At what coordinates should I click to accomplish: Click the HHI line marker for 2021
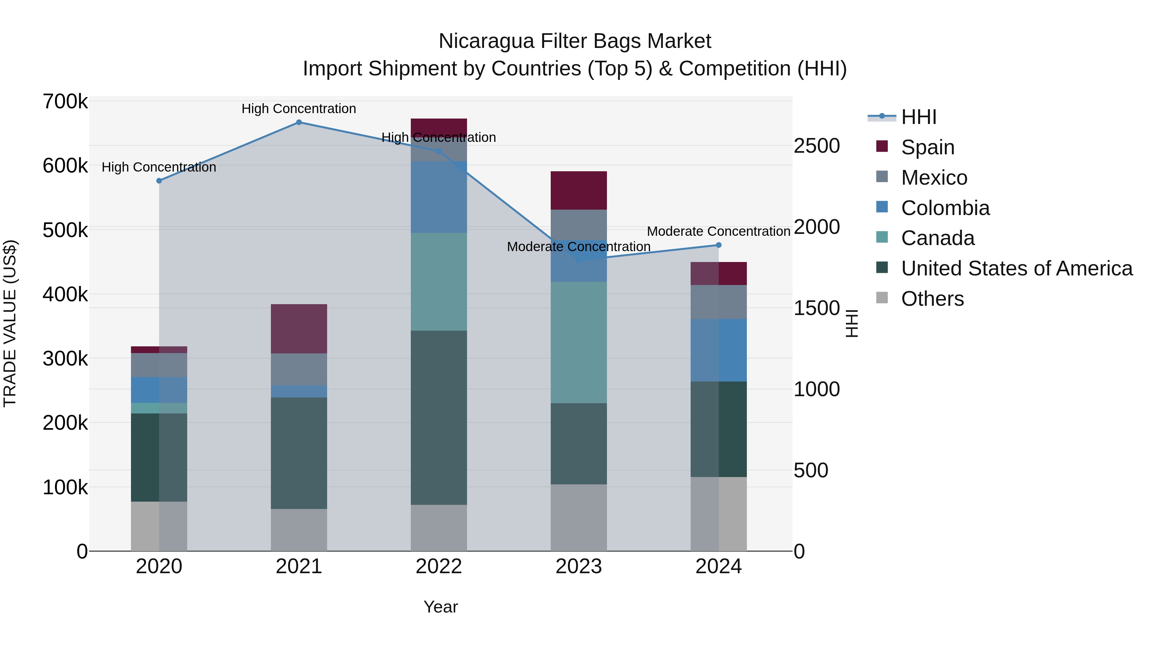click(x=299, y=122)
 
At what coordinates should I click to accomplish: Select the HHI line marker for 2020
click(x=159, y=181)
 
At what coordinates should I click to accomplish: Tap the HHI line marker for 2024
click(x=719, y=245)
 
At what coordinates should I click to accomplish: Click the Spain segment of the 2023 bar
click(x=579, y=190)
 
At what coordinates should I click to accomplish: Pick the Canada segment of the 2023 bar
click(x=579, y=343)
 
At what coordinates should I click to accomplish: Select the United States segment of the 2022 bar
click(x=439, y=418)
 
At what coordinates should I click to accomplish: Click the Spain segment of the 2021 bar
click(x=299, y=329)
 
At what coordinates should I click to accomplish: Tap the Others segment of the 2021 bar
click(x=299, y=530)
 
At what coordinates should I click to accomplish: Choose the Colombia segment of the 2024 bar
click(x=719, y=350)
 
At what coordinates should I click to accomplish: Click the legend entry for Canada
click(x=938, y=238)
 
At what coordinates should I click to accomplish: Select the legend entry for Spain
click(x=927, y=147)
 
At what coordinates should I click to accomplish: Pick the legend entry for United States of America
click(x=1016, y=268)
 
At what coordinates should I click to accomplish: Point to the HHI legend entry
click(x=918, y=117)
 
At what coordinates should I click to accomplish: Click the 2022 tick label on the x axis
click(x=439, y=566)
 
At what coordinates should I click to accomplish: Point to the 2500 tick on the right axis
click(x=816, y=146)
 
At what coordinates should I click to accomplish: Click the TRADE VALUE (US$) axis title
click(x=10, y=323)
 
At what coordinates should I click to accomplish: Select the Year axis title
click(x=441, y=607)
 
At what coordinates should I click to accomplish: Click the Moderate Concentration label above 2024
click(x=719, y=231)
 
